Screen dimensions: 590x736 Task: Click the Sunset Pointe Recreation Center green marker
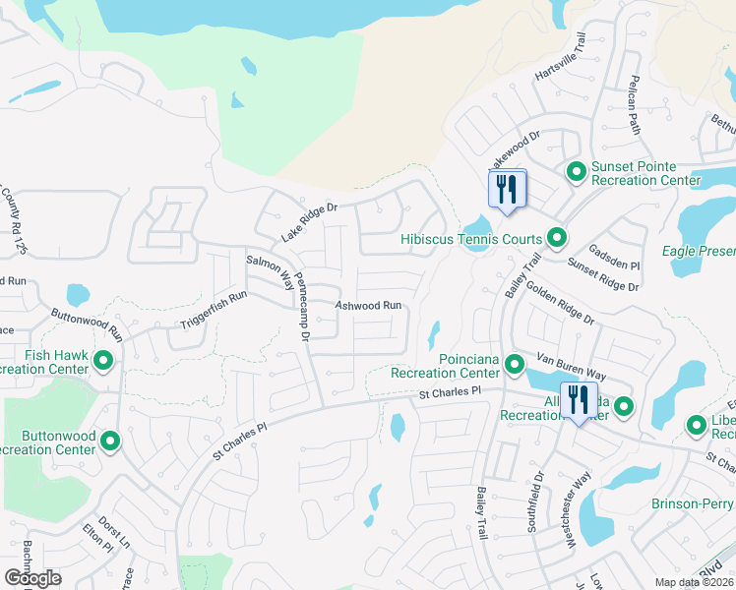coord(577,172)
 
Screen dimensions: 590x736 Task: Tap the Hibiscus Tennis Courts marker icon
coord(556,238)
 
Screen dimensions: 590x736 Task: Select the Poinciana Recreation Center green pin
coord(514,366)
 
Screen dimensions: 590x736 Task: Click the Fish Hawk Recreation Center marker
coord(104,362)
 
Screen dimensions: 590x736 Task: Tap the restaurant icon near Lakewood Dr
coord(507,189)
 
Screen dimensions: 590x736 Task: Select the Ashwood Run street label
coord(369,306)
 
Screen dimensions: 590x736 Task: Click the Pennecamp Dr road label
coord(303,307)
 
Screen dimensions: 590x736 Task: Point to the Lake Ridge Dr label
coord(309,222)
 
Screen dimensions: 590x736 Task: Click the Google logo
coord(32,577)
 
